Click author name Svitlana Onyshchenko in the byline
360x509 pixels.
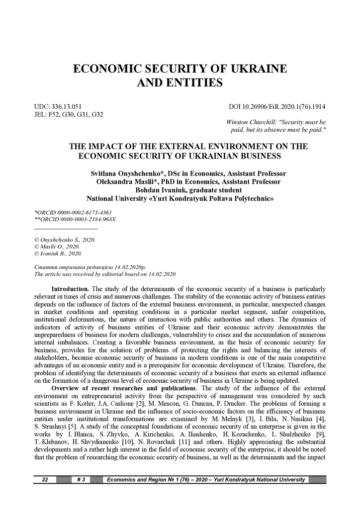(127, 173)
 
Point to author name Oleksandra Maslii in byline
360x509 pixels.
(127, 181)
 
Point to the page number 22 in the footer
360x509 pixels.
(45, 480)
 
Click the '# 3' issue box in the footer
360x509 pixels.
(82, 480)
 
